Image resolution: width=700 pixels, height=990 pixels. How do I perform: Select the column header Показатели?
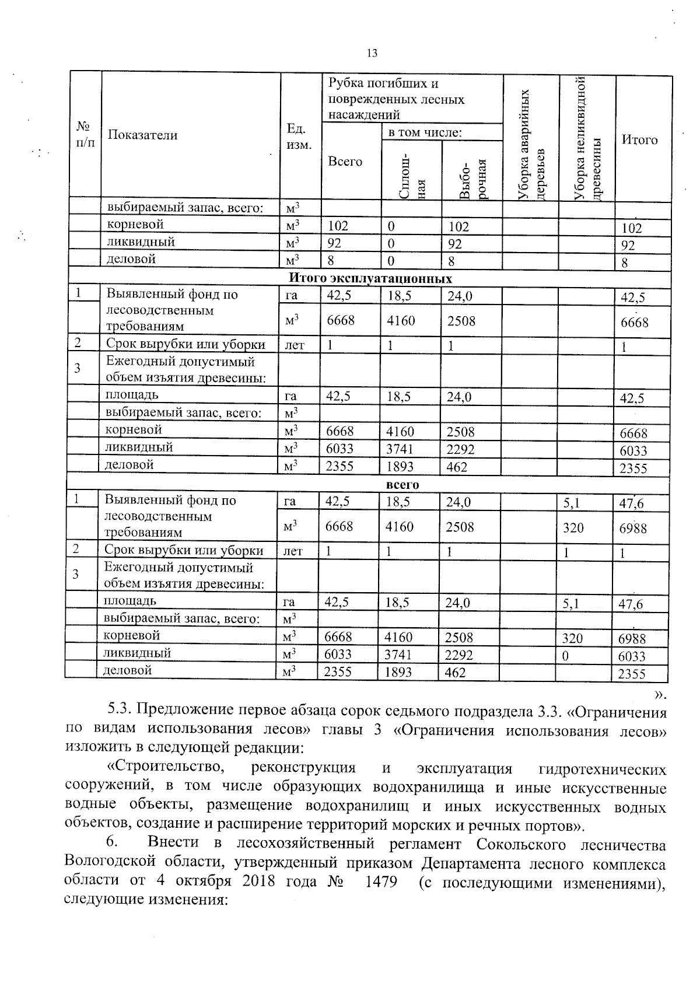142,135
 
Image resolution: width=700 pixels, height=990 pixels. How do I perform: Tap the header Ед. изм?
299,136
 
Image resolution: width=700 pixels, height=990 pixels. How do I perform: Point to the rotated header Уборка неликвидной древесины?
587,139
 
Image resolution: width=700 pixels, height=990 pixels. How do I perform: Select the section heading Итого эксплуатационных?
370,278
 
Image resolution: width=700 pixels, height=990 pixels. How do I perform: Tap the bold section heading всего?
402,484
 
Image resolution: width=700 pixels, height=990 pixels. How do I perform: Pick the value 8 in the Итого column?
624,263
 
